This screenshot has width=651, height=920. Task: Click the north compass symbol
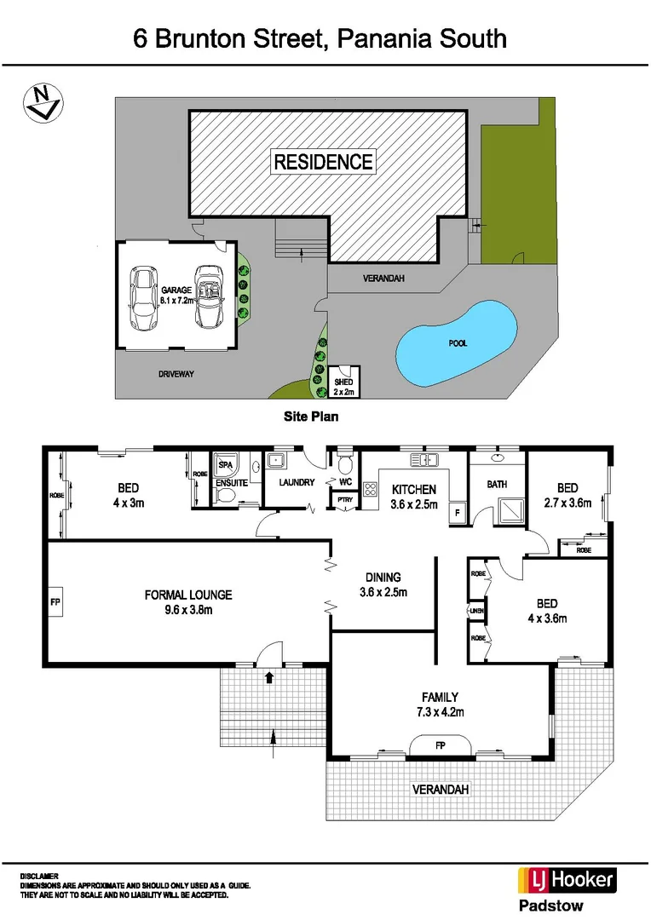(x=42, y=103)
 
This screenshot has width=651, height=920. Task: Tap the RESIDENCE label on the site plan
(x=323, y=161)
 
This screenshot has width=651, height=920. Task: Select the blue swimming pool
(x=456, y=342)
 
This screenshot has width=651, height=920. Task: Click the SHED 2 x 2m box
(x=345, y=382)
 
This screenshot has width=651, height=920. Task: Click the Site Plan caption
(x=311, y=417)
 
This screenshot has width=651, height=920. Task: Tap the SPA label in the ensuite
(x=226, y=466)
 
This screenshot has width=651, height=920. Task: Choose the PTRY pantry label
(x=346, y=500)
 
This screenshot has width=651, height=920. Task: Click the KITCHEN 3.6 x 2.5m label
(x=414, y=497)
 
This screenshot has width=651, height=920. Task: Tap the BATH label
(x=497, y=485)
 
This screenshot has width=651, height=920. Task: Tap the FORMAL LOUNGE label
(x=188, y=601)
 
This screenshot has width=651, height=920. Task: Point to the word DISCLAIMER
(x=40, y=876)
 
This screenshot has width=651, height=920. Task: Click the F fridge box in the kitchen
(x=456, y=514)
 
